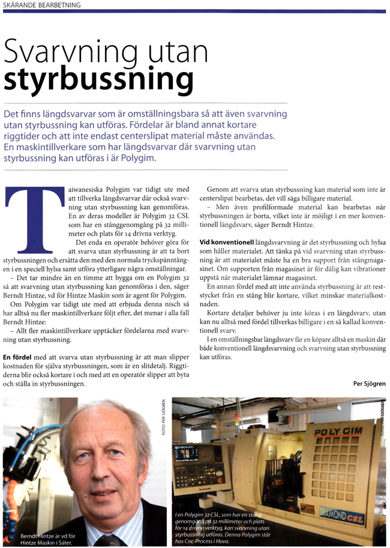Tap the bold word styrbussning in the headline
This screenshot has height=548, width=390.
click(x=99, y=81)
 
